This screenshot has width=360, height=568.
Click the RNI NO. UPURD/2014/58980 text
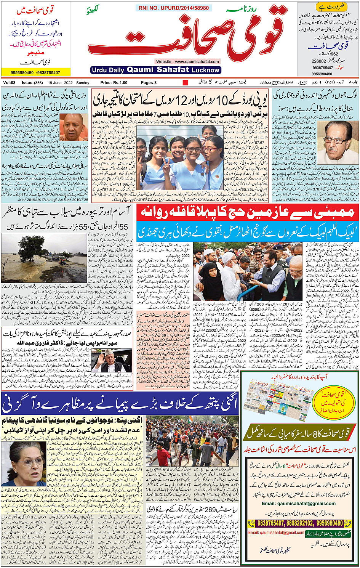coord(174,8)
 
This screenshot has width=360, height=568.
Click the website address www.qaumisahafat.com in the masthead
coord(187,61)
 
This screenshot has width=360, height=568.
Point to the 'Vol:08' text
coord(9,83)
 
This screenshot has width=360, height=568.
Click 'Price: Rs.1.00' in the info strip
coord(114,83)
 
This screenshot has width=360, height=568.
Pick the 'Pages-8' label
coord(149,83)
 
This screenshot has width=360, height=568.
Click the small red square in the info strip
coord(186,83)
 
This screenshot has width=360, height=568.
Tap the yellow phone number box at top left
coord(35,72)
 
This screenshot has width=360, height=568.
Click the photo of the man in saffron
coord(74,127)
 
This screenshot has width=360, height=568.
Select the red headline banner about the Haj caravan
coord(248,212)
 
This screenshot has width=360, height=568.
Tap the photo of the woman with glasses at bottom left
coord(24,464)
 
